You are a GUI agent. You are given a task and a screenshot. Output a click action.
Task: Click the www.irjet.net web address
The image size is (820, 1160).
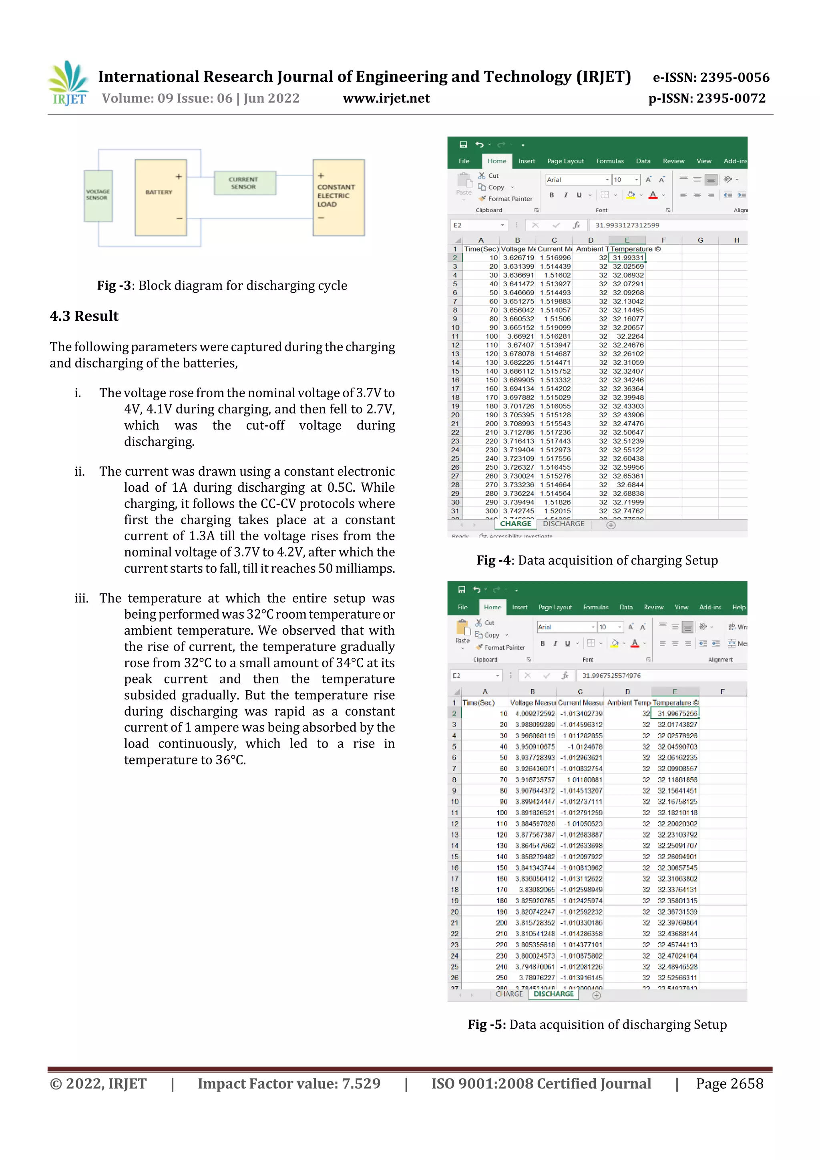point(386,99)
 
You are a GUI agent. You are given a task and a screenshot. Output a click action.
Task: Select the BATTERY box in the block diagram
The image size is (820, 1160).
point(160,197)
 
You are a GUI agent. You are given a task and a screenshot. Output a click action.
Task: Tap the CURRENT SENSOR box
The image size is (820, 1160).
point(245,183)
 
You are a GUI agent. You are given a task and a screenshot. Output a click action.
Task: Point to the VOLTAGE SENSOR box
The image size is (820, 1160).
point(98,195)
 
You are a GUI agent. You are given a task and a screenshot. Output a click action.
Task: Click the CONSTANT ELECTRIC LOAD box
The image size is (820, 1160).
point(338,197)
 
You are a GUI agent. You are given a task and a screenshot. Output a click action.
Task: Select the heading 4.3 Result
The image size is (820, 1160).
point(84,316)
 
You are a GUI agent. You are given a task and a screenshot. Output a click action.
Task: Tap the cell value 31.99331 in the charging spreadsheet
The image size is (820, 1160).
point(627,257)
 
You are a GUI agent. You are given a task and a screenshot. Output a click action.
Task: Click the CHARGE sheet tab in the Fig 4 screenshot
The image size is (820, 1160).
point(515,524)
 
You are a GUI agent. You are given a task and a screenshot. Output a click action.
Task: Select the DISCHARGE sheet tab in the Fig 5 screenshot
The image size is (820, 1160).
point(553,994)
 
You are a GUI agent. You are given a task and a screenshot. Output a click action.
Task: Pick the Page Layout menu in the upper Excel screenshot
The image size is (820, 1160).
point(565,161)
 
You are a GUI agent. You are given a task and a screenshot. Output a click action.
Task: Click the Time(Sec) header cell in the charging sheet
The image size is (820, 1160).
point(481,249)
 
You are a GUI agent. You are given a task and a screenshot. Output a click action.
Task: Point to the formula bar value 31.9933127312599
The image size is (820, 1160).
point(627,225)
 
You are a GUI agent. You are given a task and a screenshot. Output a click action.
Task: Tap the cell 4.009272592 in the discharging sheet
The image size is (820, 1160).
point(535,714)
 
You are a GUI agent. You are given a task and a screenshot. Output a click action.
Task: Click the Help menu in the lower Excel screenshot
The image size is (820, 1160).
point(738,607)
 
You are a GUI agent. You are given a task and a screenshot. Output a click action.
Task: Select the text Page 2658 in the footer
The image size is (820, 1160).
point(729,1084)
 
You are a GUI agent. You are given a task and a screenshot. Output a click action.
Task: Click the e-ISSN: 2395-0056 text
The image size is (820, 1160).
point(711,78)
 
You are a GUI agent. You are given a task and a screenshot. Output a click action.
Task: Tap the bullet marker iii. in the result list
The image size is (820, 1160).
point(81,599)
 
